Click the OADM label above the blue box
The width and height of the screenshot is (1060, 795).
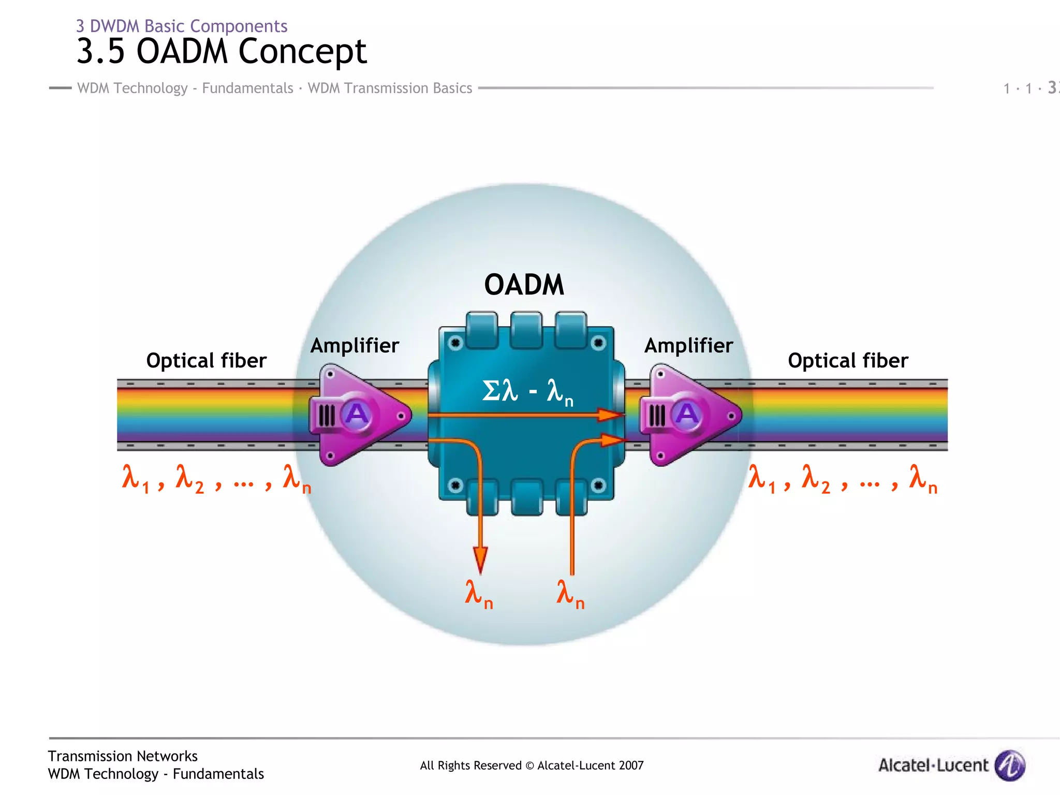click(524, 285)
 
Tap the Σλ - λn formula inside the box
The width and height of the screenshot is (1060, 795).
click(527, 392)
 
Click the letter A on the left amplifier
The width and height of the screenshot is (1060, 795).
click(357, 414)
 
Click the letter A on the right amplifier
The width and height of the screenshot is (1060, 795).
click(687, 414)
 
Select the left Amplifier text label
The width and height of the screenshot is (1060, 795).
click(355, 346)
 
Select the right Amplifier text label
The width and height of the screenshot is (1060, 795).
click(688, 346)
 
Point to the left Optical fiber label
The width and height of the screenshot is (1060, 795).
click(206, 361)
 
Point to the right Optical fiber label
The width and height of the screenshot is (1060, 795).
click(848, 361)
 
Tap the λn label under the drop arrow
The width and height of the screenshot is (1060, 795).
click(478, 594)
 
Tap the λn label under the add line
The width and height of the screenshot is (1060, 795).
click(570, 594)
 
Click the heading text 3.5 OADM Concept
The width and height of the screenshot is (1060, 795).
click(222, 51)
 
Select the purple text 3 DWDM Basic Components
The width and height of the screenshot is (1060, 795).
click(182, 26)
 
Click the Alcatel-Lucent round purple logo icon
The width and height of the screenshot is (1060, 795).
click(1010, 765)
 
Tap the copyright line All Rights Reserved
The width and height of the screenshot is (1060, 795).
click(532, 765)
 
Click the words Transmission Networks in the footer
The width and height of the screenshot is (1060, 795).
click(123, 756)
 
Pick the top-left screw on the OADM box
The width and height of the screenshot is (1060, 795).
click(455, 343)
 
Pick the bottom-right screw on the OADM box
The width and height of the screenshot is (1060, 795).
click(598, 485)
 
